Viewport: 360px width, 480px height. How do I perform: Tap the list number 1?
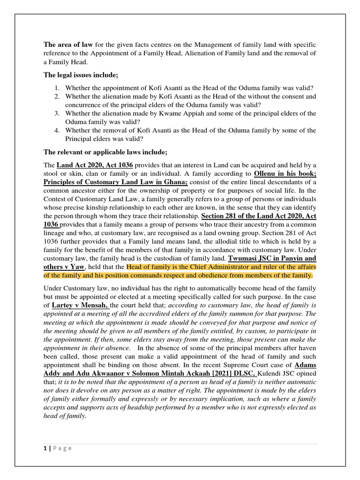point(56,88)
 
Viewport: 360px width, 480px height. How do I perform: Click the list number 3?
point(56,113)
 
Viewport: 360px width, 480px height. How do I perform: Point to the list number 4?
point(56,130)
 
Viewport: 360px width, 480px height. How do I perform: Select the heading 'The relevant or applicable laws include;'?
point(105,152)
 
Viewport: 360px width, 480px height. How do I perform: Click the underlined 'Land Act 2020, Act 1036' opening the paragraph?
point(95,165)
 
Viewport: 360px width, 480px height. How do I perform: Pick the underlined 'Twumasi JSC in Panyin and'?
point(272,258)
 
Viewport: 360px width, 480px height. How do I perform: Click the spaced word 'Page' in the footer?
point(62,448)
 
